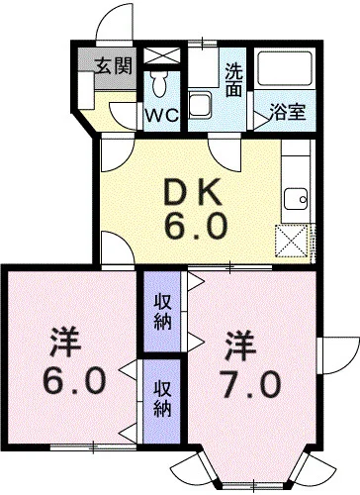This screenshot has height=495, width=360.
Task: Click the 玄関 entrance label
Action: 114,65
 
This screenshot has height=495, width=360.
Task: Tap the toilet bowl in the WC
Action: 159,84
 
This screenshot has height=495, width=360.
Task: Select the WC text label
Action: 162,115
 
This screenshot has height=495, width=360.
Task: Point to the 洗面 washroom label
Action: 234,79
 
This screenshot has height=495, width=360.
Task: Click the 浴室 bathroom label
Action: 288,112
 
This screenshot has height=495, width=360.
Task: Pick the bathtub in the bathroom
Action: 285,69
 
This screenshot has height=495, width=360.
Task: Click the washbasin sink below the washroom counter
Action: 200,104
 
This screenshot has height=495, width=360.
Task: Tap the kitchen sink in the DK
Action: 296,199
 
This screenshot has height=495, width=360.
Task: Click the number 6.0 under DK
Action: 196,226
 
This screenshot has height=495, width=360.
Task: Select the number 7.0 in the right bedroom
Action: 250,384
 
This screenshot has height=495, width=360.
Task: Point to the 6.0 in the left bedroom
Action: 74,380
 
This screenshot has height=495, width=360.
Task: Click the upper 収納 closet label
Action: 163,312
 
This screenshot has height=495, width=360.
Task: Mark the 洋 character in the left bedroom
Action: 66,342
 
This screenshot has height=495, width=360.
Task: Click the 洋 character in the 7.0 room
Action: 241,346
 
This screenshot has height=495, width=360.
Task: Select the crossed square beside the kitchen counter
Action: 292,241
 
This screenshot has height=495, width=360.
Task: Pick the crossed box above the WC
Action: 162,55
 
